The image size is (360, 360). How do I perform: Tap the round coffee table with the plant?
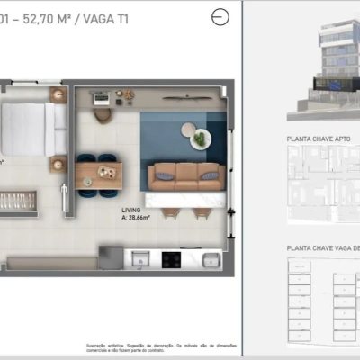click(x=200, y=139)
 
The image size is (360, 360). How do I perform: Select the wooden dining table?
click(x=97, y=171)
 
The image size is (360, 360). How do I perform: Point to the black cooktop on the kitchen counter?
click(x=171, y=259)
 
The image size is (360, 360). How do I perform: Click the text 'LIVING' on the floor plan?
click(x=132, y=209)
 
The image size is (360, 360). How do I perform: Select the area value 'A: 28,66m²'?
click(x=137, y=218)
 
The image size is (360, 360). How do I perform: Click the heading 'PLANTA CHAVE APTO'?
click(x=319, y=139)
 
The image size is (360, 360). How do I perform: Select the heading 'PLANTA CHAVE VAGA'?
click(x=322, y=246)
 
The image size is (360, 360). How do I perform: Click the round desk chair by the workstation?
click(x=102, y=114)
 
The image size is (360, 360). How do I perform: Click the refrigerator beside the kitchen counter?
click(x=110, y=259)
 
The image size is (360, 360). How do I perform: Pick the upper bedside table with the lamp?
click(x=59, y=95)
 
